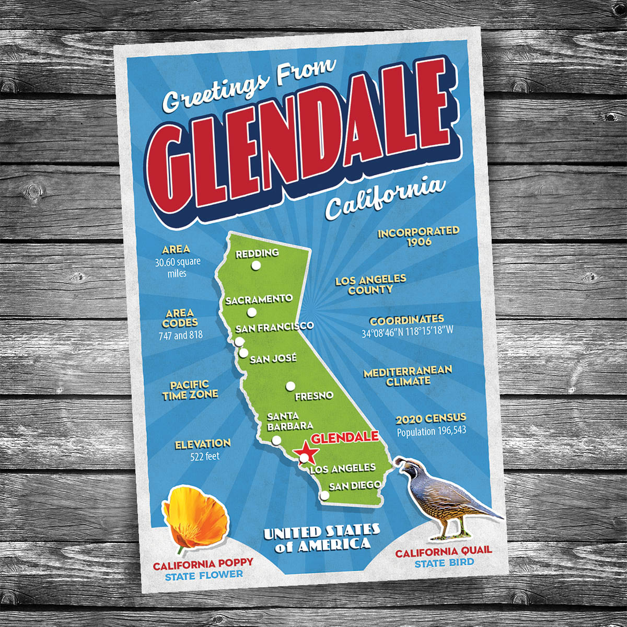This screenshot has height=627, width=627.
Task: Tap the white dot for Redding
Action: pyautogui.click(x=256, y=265)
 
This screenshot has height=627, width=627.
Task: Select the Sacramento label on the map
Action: pyautogui.click(x=259, y=299)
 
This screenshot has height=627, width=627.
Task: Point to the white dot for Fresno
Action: pyautogui.click(x=290, y=387)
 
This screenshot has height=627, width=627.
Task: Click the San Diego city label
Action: pyautogui.click(x=355, y=486)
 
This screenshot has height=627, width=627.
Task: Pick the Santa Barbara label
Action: pyautogui.click(x=290, y=421)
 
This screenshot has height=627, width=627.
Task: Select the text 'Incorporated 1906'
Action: pyautogui.click(x=419, y=236)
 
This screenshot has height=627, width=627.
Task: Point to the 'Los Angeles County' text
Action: pyautogui.click(x=370, y=285)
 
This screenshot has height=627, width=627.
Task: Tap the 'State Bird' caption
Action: pyautogui.click(x=444, y=563)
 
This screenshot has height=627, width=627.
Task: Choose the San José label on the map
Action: pyautogui.click(x=273, y=359)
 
